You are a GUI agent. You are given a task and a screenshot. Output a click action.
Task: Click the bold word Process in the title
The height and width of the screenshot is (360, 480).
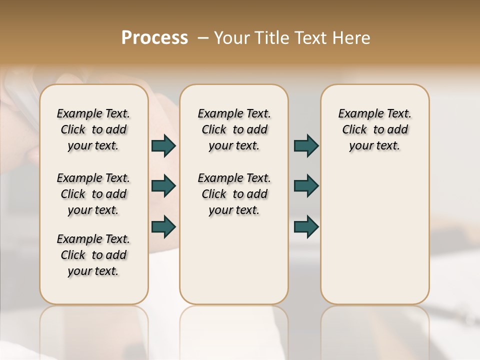(x=154, y=38)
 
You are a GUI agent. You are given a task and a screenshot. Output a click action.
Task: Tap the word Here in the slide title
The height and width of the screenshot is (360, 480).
(x=353, y=38)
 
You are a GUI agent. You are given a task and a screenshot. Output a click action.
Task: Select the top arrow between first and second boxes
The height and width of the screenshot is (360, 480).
(x=163, y=146)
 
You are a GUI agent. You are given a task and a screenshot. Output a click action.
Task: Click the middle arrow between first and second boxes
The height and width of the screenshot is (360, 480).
(x=163, y=186)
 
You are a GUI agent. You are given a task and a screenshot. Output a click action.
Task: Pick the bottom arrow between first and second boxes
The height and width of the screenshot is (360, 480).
(x=163, y=226)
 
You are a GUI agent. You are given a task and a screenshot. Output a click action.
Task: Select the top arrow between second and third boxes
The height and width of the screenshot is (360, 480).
(x=306, y=146)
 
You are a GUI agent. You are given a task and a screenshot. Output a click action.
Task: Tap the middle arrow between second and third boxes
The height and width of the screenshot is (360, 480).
(x=306, y=186)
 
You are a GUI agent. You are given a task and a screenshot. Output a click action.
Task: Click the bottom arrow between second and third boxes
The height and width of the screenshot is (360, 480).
(x=306, y=226)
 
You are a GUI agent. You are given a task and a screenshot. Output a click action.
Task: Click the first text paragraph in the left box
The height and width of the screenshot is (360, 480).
(x=93, y=129)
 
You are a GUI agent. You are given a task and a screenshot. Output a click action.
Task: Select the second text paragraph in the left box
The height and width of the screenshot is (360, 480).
(x=93, y=194)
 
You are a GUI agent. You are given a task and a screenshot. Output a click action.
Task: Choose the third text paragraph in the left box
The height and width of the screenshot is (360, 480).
(x=93, y=255)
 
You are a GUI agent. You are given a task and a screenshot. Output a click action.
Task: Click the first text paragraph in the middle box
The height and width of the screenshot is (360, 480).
(x=234, y=129)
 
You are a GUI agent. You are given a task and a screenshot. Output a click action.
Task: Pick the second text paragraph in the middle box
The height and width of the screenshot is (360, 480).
(x=234, y=194)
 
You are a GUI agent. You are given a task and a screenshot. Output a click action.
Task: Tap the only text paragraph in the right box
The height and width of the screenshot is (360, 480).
(x=374, y=129)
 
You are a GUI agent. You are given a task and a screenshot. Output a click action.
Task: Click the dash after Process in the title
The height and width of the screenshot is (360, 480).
(x=203, y=38)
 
